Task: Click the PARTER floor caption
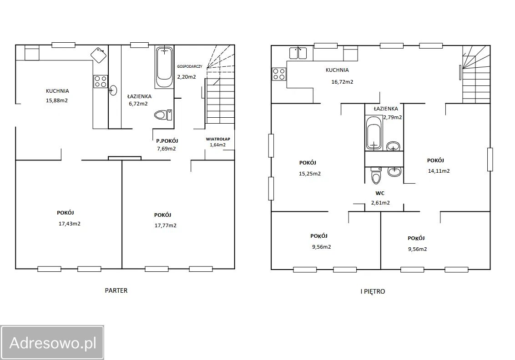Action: (116, 290)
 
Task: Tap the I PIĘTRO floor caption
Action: (373, 291)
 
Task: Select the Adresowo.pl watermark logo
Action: (52, 343)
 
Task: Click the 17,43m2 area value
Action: (69, 224)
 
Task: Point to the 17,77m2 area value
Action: (166, 225)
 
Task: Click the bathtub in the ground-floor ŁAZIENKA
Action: (164, 67)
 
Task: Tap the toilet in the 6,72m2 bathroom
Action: (163, 115)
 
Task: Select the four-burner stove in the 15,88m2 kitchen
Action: (101, 81)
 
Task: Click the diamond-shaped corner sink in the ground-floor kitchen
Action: (99, 55)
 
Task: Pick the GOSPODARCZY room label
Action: (190, 66)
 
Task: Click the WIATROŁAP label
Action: (218, 139)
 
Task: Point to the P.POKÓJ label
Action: (167, 141)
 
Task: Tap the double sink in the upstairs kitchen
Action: (298, 53)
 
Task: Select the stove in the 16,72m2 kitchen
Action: (279, 74)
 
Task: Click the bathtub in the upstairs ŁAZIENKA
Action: (374, 132)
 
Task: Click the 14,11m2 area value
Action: (439, 170)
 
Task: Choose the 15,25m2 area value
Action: (310, 174)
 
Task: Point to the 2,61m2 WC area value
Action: (380, 203)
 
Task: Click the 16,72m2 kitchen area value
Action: (342, 82)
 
